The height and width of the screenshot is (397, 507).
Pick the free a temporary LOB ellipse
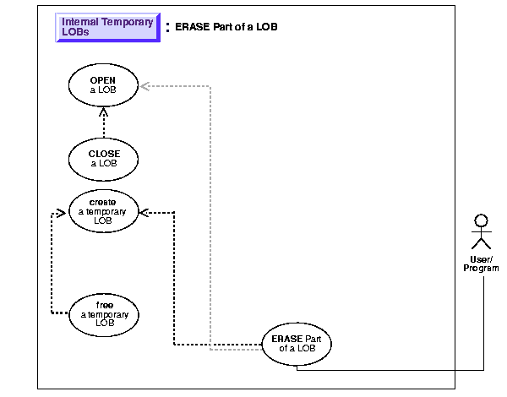[104, 313]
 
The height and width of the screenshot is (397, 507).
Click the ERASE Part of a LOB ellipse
[297, 344]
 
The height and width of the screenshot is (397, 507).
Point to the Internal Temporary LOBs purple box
[107, 28]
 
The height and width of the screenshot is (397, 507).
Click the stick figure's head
[481, 221]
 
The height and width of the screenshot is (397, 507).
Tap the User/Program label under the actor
[481, 264]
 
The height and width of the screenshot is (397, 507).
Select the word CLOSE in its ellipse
[103, 153]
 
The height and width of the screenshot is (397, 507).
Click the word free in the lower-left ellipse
[105, 304]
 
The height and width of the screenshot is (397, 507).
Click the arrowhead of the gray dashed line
[143, 84]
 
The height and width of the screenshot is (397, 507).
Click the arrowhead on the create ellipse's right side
[143, 212]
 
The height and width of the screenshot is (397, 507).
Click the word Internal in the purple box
[80, 22]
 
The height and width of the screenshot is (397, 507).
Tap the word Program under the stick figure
[481, 269]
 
